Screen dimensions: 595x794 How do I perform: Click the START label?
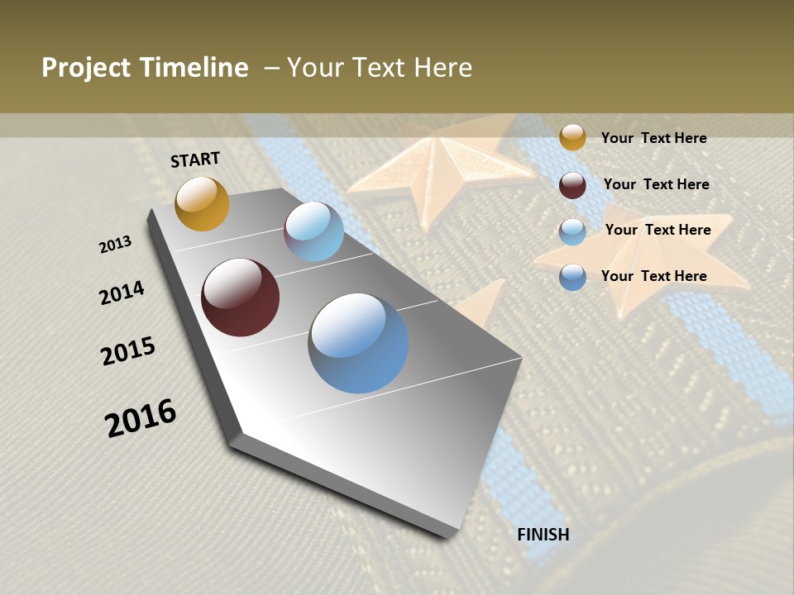click(195, 159)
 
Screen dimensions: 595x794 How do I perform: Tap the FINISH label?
click(543, 535)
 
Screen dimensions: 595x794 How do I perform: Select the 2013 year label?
click(116, 245)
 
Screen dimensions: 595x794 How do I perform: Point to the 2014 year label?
click(122, 293)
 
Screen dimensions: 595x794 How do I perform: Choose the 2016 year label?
click(141, 417)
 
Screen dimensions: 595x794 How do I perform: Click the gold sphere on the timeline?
click(202, 203)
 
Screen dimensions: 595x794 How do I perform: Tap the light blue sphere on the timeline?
click(313, 231)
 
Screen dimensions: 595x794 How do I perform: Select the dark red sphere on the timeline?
click(240, 297)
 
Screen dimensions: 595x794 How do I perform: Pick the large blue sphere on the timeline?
click(358, 343)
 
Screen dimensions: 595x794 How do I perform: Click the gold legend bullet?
click(572, 137)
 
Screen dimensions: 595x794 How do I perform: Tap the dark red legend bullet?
click(572, 185)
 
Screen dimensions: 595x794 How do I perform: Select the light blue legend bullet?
click(572, 231)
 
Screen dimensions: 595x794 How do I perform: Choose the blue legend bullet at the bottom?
click(572, 277)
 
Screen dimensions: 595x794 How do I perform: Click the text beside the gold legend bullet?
click(653, 138)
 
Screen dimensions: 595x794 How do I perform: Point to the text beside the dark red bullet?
click(656, 184)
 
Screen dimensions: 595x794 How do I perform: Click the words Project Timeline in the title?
click(145, 68)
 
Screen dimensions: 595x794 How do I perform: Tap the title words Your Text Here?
click(379, 68)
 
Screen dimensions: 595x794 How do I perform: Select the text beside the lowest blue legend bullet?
click(653, 276)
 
